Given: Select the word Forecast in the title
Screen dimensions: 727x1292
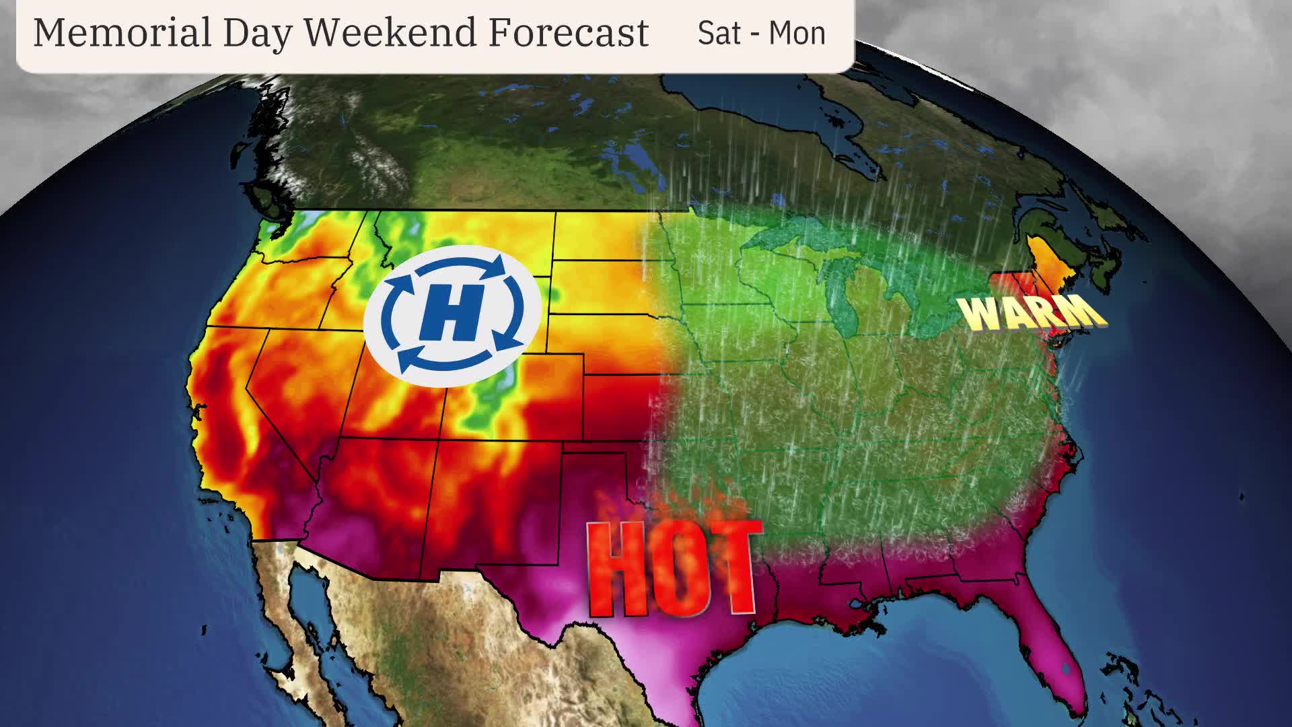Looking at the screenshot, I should [569, 32].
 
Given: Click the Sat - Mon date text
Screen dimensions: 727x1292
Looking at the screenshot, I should [761, 32].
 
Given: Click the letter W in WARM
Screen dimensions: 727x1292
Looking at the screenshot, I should [979, 314].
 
